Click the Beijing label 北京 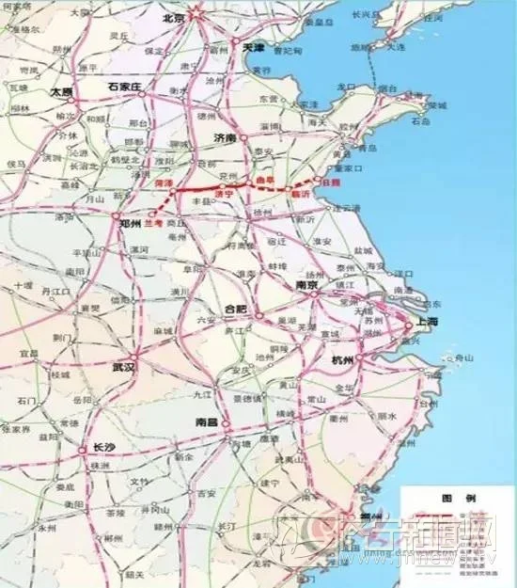175,17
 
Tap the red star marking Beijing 196,13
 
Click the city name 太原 61,93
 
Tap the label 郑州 131,225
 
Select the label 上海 428,321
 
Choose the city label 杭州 341,361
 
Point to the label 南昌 206,423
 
